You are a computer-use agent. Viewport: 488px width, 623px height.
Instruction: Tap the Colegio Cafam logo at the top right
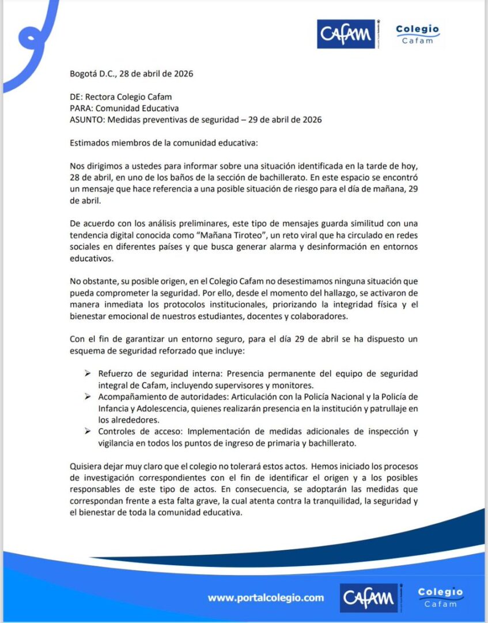(x=418, y=35)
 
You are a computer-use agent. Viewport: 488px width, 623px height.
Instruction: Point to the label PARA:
(x=81, y=108)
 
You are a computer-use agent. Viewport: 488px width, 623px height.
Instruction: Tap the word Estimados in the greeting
(x=89, y=142)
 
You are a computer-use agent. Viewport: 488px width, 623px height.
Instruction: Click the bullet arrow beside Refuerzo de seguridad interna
(x=87, y=373)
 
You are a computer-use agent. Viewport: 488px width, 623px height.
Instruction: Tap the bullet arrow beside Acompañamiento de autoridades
(x=87, y=396)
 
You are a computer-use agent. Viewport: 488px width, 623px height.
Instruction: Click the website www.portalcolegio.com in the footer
(x=266, y=598)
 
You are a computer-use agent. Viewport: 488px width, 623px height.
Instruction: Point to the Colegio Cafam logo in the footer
(x=440, y=597)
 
